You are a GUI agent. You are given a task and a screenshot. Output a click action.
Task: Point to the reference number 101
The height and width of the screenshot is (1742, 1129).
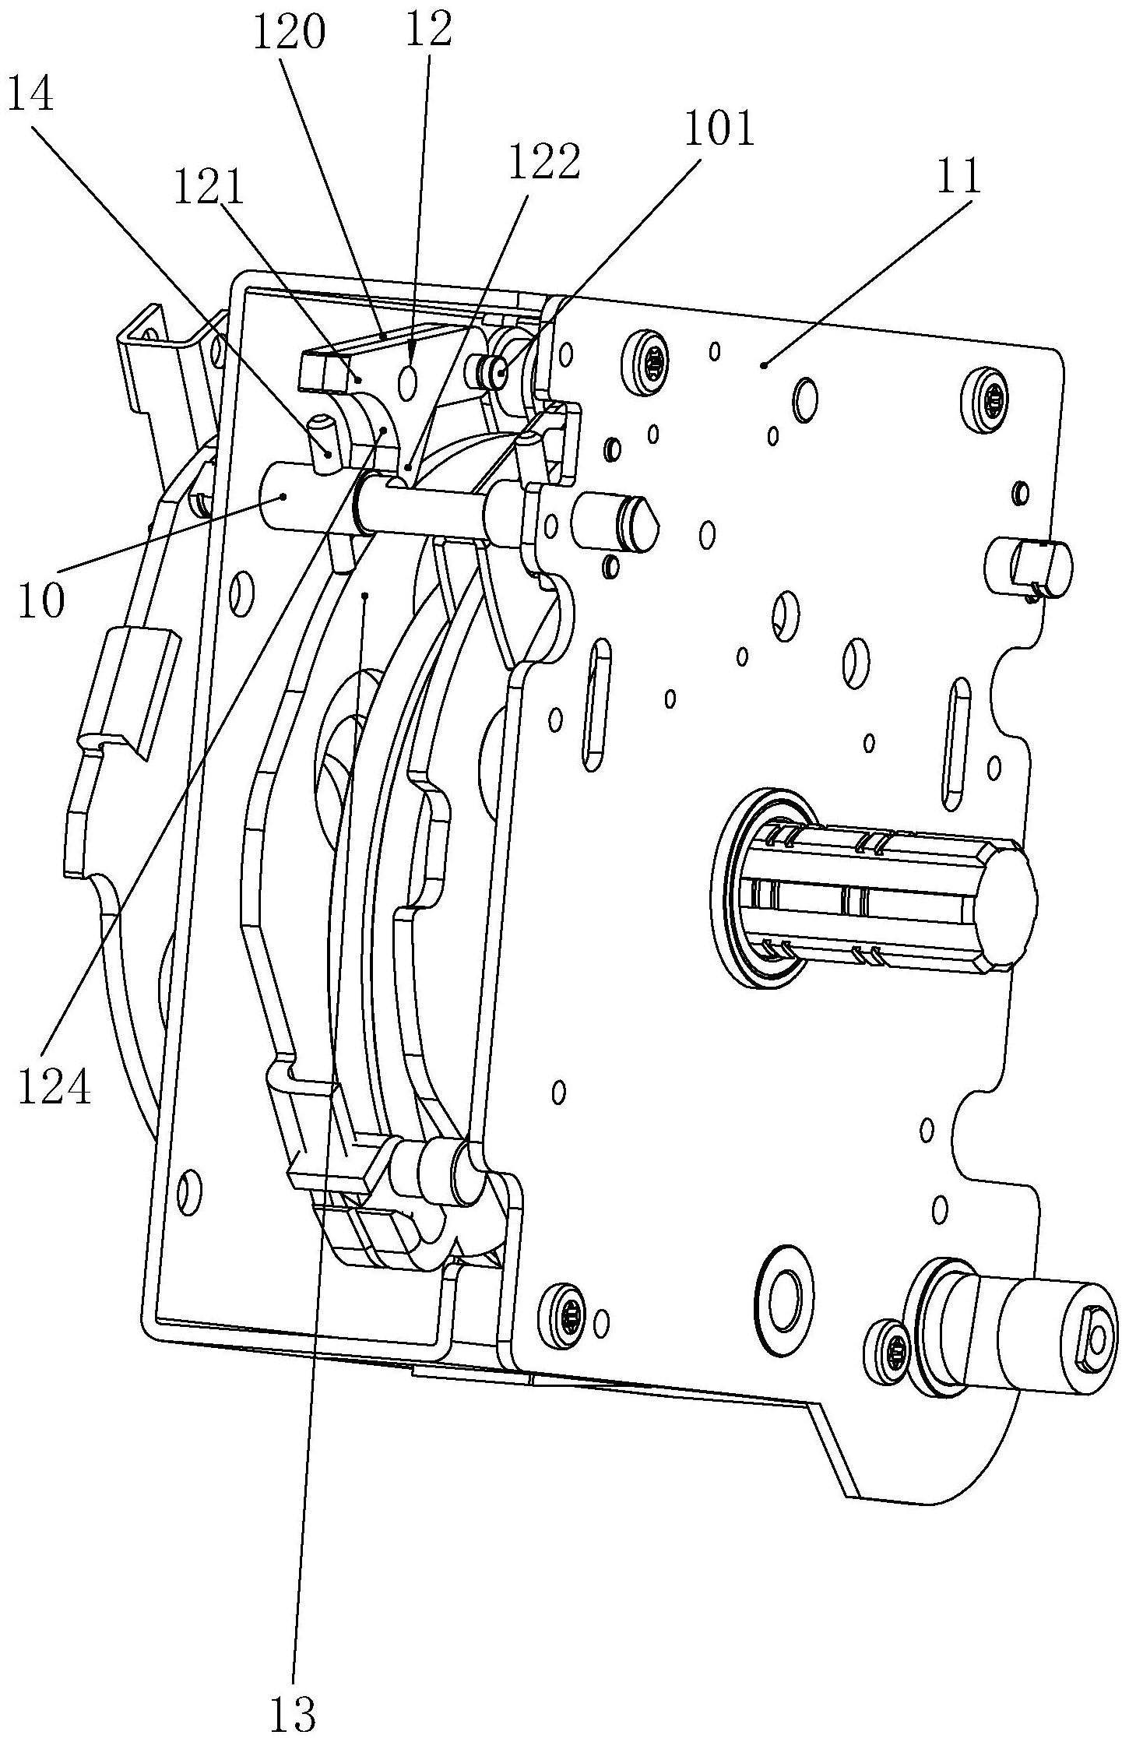[719, 128]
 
